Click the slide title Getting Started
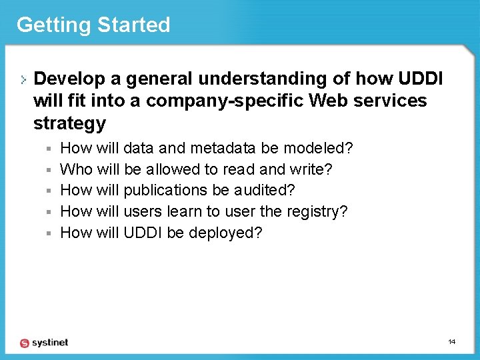(x=93, y=25)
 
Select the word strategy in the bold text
(x=69, y=123)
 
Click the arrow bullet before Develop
(x=24, y=79)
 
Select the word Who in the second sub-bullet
(x=76, y=169)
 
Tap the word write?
(x=311, y=169)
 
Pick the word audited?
(x=265, y=191)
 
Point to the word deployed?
(x=225, y=233)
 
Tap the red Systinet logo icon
(x=25, y=343)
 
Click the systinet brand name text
(x=50, y=343)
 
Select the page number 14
(x=451, y=342)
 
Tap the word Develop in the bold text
(x=69, y=79)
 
